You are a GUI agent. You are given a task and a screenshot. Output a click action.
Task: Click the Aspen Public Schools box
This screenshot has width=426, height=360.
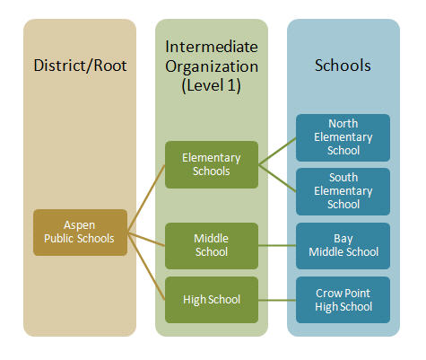80,233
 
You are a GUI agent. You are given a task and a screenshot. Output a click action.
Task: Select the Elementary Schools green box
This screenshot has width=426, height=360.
212,164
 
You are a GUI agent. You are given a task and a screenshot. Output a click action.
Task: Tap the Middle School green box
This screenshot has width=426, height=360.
212,245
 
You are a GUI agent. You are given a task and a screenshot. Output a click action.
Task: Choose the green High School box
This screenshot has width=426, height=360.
212,300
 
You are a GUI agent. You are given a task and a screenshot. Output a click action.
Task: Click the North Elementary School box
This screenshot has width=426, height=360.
343,137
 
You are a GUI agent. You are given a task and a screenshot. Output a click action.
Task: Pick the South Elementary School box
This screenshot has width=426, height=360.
343,191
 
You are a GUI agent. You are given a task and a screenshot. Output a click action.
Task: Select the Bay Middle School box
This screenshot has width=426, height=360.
343,245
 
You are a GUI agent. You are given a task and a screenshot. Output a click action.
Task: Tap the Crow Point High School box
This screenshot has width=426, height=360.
343,300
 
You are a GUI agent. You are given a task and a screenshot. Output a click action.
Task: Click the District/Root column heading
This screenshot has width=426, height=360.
80,66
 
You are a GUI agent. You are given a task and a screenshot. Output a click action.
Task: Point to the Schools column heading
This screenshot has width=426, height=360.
343,66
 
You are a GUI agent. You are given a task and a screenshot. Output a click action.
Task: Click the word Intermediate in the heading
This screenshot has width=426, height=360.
212,47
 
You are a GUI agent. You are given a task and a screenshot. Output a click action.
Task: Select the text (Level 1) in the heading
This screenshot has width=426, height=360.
211,85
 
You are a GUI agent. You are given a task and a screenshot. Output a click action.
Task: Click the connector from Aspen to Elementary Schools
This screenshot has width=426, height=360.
146,198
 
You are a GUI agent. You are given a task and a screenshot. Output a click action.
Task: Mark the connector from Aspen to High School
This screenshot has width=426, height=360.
146,266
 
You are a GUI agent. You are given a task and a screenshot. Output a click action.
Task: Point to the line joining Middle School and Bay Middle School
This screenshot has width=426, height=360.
277,246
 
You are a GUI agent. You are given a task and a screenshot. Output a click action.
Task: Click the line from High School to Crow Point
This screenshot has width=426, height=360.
277,300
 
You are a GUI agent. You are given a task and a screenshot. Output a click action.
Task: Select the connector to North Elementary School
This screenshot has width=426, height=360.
277,151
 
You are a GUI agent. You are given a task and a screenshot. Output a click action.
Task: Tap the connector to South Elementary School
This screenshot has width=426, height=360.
277,178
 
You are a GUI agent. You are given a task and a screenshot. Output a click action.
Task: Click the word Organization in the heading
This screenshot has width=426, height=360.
212,66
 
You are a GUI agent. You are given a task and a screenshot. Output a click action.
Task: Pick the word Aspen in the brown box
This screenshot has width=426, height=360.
80,225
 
